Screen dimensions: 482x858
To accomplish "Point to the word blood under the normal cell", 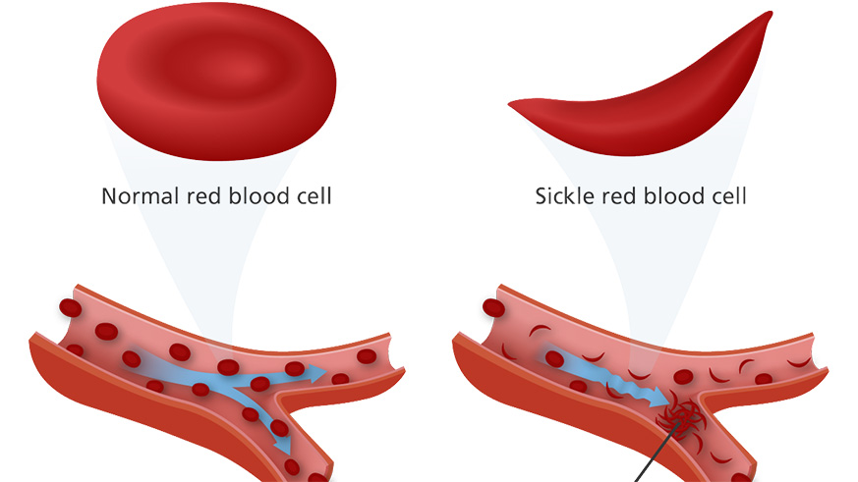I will coord(259,196).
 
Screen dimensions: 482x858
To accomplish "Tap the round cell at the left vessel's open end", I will coord(70,308).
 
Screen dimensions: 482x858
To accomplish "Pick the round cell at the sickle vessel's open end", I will coord(492,308).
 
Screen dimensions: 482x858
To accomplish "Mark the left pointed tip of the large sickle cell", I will coord(513,103).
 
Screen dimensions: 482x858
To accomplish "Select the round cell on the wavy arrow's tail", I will coord(555,359).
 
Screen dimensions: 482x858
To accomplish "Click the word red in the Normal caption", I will coord(203,196).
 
